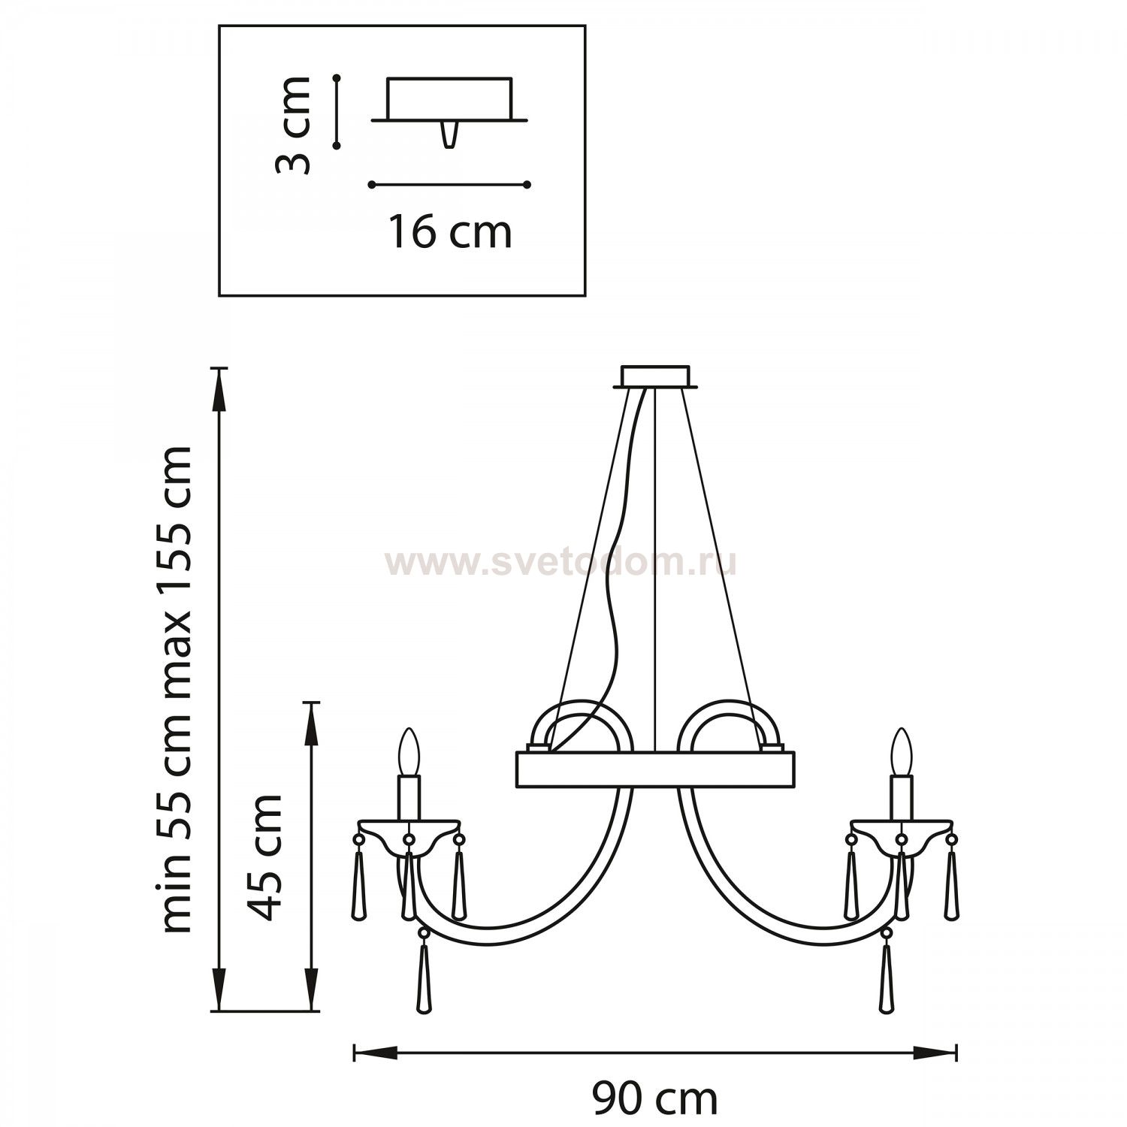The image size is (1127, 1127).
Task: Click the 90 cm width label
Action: [654, 1100]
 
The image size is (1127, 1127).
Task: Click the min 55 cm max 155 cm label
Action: [178, 690]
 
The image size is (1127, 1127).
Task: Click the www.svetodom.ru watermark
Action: [560, 563]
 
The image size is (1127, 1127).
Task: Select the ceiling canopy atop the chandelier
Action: [655, 377]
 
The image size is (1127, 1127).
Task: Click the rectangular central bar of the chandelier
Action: [655, 769]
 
